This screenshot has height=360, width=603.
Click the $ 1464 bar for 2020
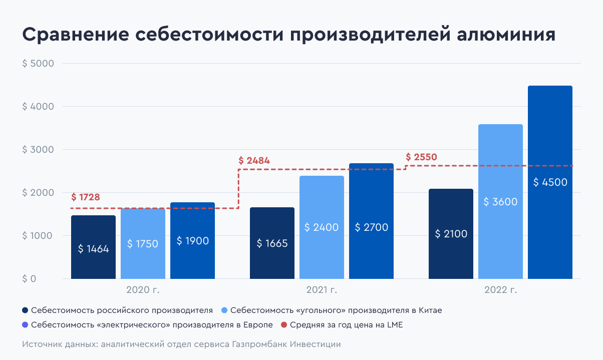click(x=93, y=247)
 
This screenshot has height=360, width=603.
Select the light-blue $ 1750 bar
click(x=143, y=244)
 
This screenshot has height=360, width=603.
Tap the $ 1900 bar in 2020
click(x=192, y=241)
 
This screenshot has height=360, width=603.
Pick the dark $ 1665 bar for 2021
click(x=272, y=243)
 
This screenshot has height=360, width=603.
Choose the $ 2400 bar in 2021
click(x=322, y=227)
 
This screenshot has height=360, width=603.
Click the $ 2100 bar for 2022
click(x=451, y=234)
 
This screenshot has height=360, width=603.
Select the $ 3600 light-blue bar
click(x=500, y=202)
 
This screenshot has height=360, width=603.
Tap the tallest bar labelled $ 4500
click(x=550, y=182)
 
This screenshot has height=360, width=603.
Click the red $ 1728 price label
click(x=86, y=197)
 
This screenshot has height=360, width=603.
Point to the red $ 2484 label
click(x=254, y=161)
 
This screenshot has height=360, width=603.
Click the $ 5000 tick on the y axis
click(x=38, y=64)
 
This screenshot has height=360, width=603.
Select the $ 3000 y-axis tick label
click(x=38, y=150)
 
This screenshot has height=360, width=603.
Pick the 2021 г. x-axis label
click(x=322, y=290)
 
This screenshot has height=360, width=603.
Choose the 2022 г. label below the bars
click(x=500, y=290)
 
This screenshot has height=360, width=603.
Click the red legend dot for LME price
click(x=284, y=325)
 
